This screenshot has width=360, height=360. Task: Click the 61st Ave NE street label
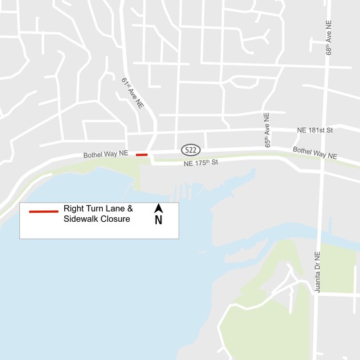point(132,93)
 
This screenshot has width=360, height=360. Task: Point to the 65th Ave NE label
point(267,130)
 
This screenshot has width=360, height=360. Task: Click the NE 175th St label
point(201,163)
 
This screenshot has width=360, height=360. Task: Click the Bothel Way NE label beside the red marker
point(106,155)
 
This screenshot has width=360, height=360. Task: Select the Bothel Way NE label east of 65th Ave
point(315,154)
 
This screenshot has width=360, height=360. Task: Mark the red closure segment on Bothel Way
point(142,154)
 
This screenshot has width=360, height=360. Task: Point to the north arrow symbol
point(158,209)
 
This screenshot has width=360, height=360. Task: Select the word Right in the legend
point(75,209)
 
